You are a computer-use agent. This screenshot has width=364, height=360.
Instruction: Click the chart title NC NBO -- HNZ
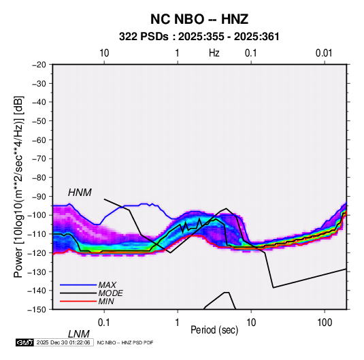pyautogui.click(x=199, y=19)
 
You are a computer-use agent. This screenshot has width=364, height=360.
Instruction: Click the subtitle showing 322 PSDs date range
pyautogui.click(x=199, y=37)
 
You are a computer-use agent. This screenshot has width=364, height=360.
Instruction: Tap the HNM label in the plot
pyautogui.click(x=80, y=193)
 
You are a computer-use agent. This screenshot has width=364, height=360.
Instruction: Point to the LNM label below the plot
pyautogui.click(x=79, y=334)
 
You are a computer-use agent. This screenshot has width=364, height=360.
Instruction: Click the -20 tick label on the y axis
pyautogui.click(x=39, y=65)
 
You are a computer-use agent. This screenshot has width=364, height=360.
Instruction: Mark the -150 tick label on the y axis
pyautogui.click(x=37, y=310)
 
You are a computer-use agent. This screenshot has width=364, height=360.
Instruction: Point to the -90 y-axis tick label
pyautogui.click(x=39, y=196)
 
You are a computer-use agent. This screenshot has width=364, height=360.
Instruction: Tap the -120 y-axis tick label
pyautogui.click(x=37, y=252)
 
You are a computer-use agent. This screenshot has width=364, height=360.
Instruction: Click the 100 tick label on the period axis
pyautogui.click(x=325, y=323)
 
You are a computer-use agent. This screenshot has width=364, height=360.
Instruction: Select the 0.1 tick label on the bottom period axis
pyautogui.click(x=104, y=323)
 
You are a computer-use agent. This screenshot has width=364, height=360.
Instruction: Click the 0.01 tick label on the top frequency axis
pyautogui.click(x=324, y=53)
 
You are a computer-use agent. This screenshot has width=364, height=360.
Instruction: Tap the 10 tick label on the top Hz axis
pyautogui.click(x=104, y=53)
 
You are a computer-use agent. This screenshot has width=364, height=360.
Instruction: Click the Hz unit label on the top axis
pyautogui.click(x=214, y=53)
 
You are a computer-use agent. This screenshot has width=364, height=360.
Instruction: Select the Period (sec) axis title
pyautogui.click(x=214, y=330)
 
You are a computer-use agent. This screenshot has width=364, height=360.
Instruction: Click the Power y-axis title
pyautogui.click(x=18, y=186)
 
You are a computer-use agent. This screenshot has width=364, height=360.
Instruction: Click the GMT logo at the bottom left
pyautogui.click(x=25, y=342)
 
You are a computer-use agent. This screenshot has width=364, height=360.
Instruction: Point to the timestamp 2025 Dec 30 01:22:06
pyautogui.click(x=63, y=342)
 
